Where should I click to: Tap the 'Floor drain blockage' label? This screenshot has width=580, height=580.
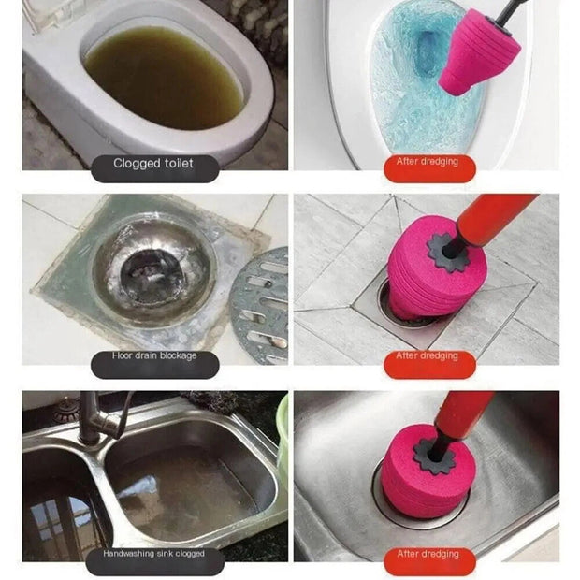(x=153, y=357)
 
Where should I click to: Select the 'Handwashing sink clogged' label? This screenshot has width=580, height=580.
(x=153, y=556)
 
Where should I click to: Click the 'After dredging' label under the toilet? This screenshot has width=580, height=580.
(x=427, y=163)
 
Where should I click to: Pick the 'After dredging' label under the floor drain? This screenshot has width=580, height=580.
(x=427, y=357)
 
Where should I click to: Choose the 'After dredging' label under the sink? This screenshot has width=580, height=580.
(x=427, y=556)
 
